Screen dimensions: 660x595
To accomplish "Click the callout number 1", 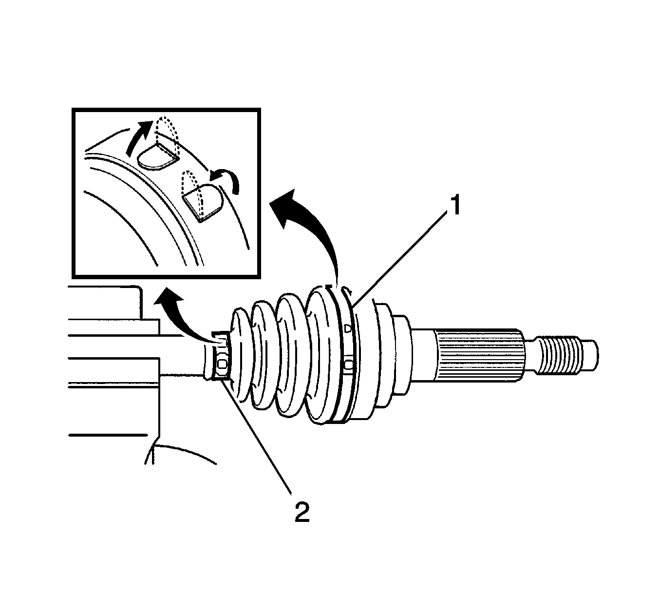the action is pos(454,206).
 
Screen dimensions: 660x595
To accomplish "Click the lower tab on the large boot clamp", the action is pos(349,365).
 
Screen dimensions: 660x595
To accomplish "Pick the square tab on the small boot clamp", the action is pos(223,365).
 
